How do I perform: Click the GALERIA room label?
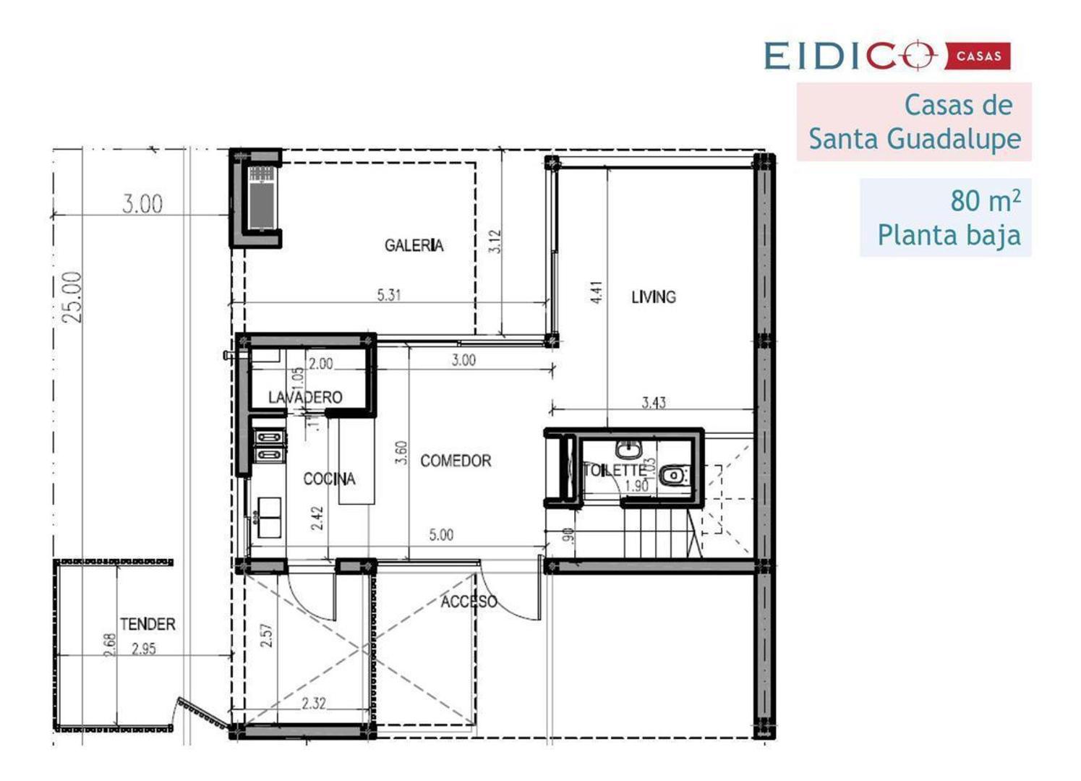click(414, 246)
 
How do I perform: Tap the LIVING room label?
click(653, 296)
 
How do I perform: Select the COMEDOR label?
click(456, 461)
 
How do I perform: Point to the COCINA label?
click(329, 479)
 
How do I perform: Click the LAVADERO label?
click(305, 397)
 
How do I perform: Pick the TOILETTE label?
click(614, 470)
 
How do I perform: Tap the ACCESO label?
click(469, 602)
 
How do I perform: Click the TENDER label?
click(148, 623)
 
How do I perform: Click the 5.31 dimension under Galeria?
click(389, 295)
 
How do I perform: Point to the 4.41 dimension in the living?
click(597, 292)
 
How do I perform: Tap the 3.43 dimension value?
click(654, 403)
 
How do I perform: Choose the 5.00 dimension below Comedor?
click(441, 535)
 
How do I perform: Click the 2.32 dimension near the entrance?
click(314, 703)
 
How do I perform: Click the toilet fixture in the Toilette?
click(674, 475)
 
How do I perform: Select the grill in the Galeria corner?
click(261, 197)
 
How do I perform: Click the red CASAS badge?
click(978, 56)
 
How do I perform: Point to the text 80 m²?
click(985, 200)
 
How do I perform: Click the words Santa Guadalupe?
click(915, 138)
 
